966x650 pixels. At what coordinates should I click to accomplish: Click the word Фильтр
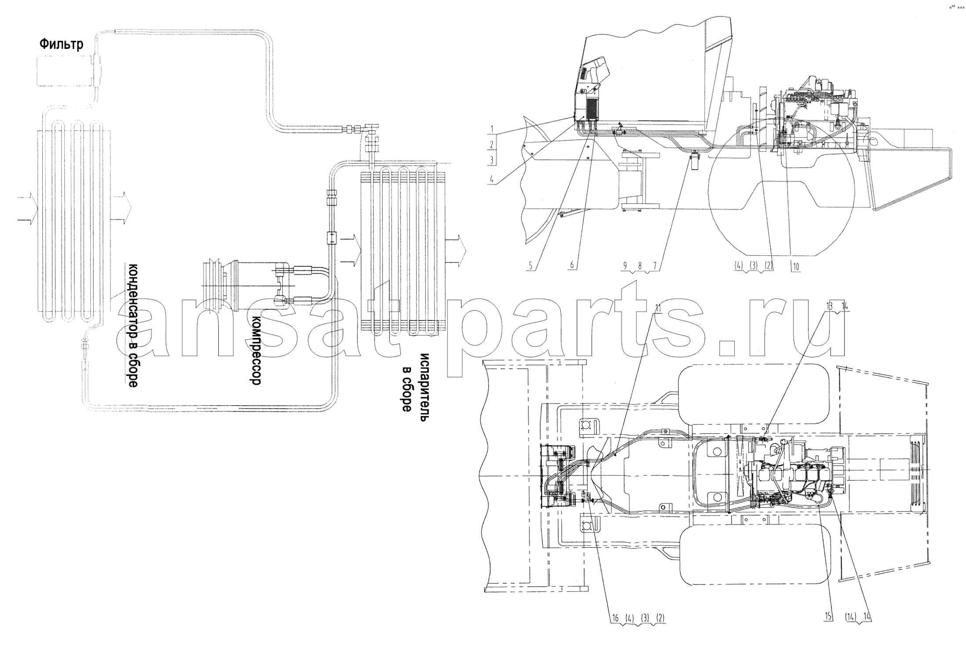click(61, 44)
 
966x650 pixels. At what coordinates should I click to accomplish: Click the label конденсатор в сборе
click(133, 325)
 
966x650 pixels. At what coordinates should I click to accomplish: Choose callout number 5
click(531, 265)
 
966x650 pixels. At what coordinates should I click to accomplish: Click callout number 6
click(572, 265)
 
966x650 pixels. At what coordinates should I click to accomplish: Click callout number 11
click(658, 308)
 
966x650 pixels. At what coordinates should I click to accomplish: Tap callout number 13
click(830, 306)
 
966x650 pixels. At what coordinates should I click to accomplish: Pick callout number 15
click(829, 617)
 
